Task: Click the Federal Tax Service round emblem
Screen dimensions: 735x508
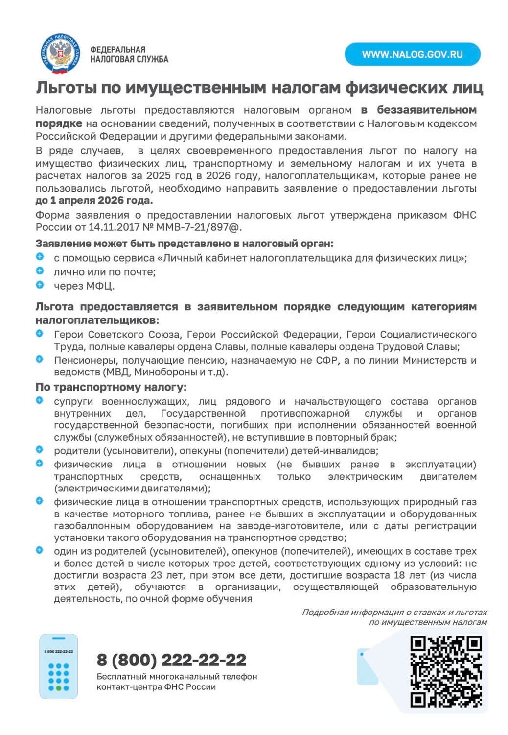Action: tap(59, 54)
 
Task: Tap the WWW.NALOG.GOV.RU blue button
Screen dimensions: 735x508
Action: tap(412, 54)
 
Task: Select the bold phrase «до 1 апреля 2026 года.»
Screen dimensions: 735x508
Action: tap(94, 200)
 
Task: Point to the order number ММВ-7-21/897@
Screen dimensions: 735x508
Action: tap(199, 227)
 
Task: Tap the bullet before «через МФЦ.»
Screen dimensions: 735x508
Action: tap(40, 285)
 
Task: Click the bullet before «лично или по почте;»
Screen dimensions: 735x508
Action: tap(40, 270)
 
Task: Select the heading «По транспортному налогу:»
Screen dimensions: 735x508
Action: tap(111, 387)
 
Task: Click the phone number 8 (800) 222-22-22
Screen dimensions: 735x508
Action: tap(171, 660)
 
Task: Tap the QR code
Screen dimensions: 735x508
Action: tap(446, 671)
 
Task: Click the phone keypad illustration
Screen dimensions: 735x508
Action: tap(59, 666)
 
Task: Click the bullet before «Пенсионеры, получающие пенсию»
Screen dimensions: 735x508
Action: tap(40, 359)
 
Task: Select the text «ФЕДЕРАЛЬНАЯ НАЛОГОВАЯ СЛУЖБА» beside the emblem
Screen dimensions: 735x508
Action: tap(129, 54)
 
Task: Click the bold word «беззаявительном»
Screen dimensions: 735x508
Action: tap(426, 110)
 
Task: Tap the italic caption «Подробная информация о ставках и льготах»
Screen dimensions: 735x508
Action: tap(394, 612)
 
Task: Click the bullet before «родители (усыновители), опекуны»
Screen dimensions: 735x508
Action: tap(40, 449)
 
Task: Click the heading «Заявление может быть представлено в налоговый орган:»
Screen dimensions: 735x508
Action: tap(184, 244)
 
